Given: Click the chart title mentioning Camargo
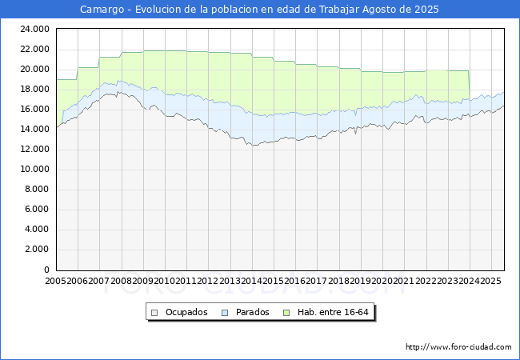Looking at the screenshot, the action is pyautogui.click(x=259, y=10).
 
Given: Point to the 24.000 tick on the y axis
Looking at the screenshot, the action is pyautogui.click(x=35, y=29).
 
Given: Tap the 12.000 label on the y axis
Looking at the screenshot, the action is pyautogui.click(x=35, y=149).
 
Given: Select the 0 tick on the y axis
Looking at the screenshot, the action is pyautogui.click(x=46, y=270).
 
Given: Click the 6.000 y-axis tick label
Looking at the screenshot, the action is pyautogui.click(x=37, y=209).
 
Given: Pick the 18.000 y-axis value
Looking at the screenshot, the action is pyautogui.click(x=35, y=89).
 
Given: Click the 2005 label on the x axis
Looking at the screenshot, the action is pyautogui.click(x=56, y=281).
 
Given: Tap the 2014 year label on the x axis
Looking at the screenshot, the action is pyautogui.click(x=252, y=281).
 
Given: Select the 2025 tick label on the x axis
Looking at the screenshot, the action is pyautogui.click(x=491, y=281).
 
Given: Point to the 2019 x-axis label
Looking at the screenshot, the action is pyautogui.click(x=361, y=281).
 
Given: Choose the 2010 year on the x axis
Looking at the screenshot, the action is pyautogui.click(x=165, y=281).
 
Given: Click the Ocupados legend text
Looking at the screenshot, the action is pyautogui.click(x=186, y=312).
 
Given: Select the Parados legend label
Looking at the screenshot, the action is pyautogui.click(x=252, y=312).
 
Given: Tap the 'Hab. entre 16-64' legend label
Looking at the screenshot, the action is pyautogui.click(x=333, y=312).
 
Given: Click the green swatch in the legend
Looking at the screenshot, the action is pyautogui.click(x=286, y=313).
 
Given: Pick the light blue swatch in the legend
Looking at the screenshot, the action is pyautogui.click(x=225, y=313).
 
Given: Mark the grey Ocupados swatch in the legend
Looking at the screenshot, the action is pyautogui.click(x=154, y=313).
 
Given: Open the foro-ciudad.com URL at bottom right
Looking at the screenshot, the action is pyautogui.click(x=458, y=347).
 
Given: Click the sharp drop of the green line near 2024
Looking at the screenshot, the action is pyautogui.click(x=469, y=85).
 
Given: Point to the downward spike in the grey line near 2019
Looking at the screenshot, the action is pyautogui.click(x=355, y=131).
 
